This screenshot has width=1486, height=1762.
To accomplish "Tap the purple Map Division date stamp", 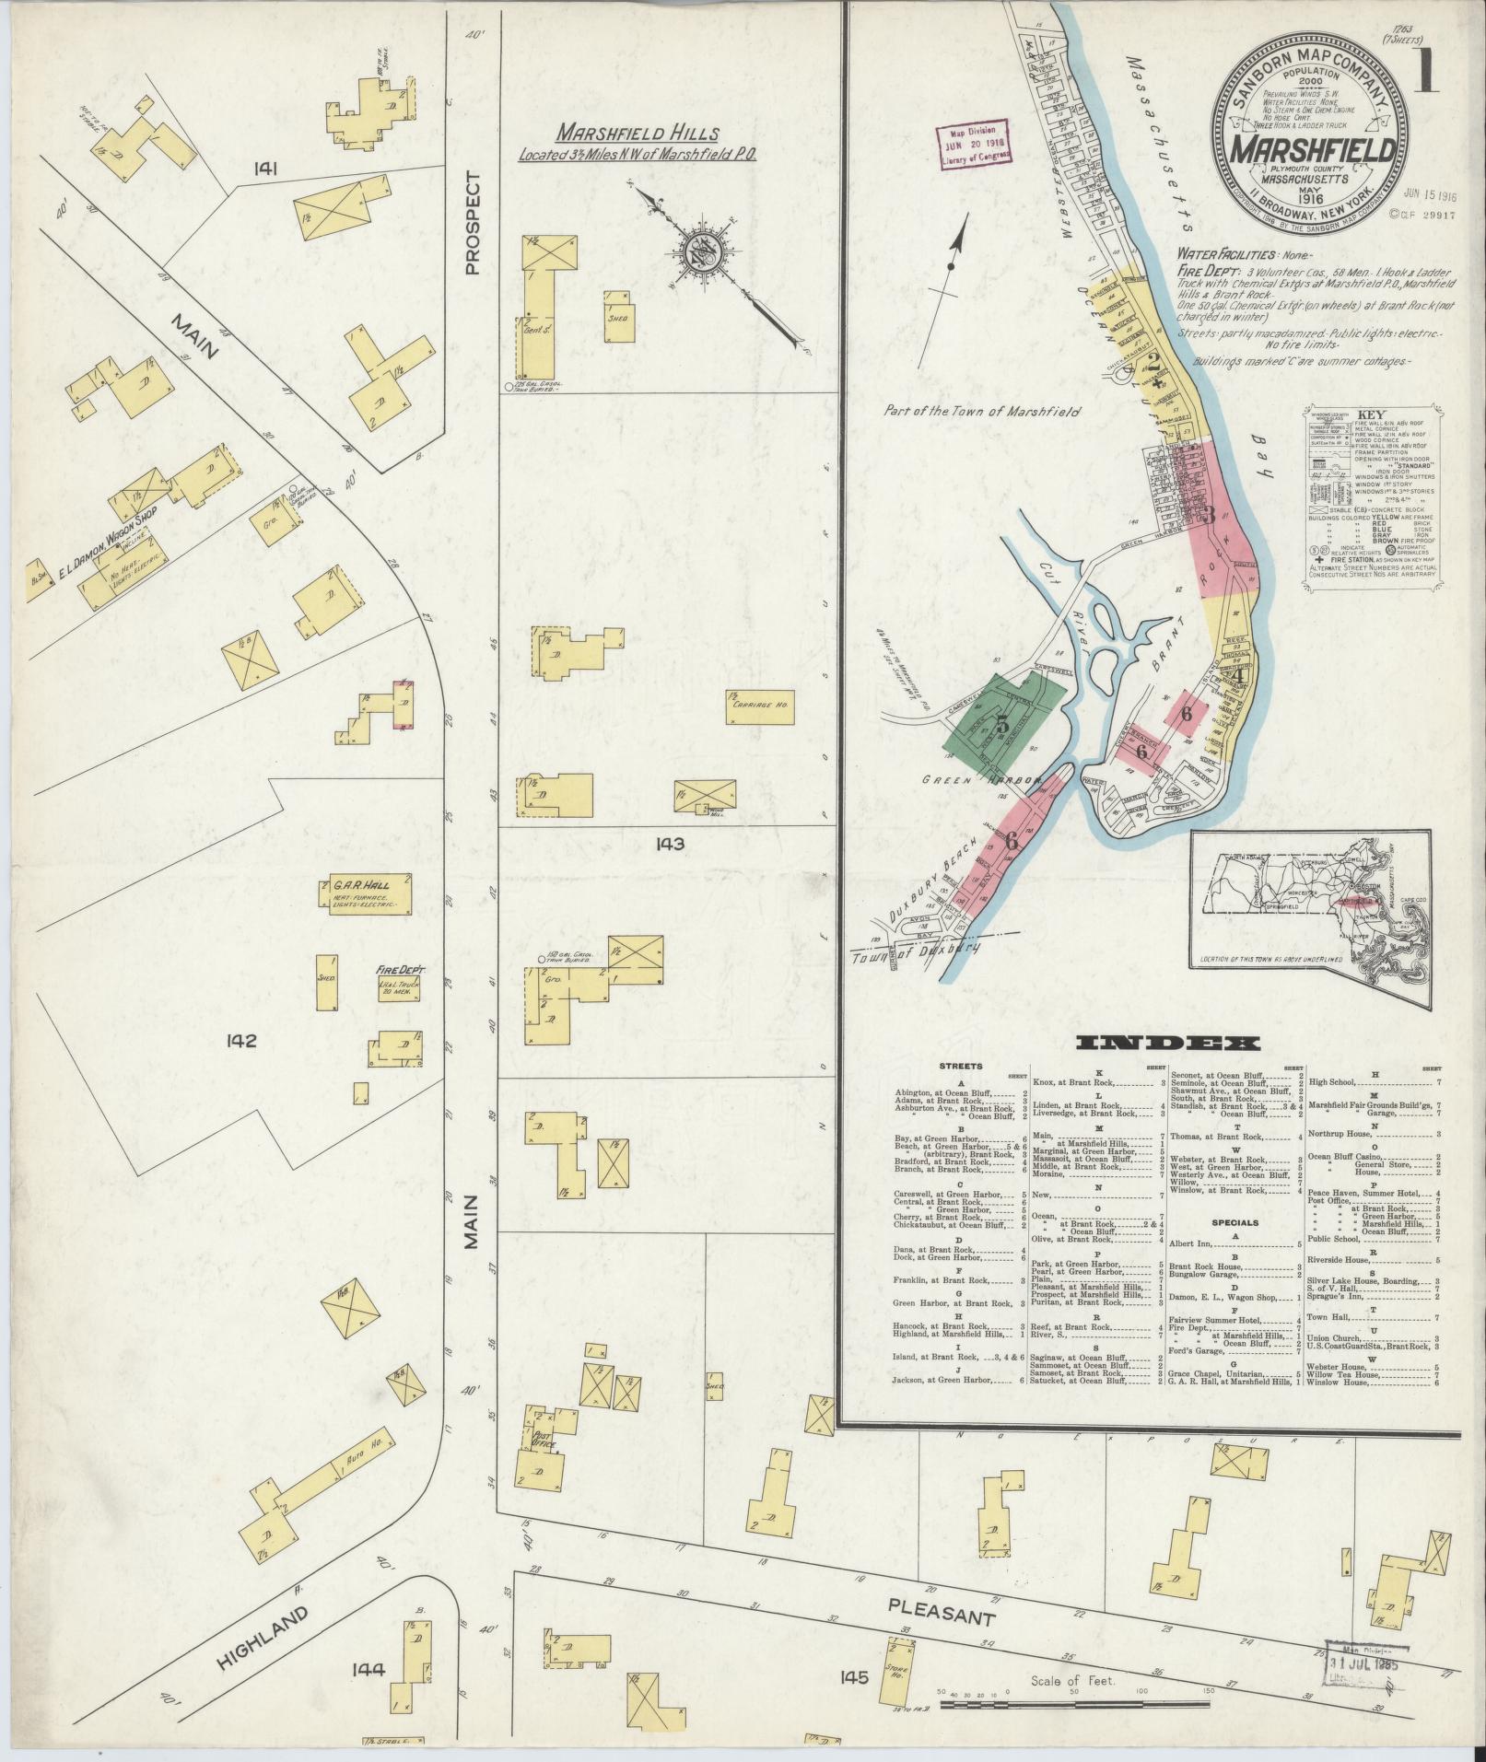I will (x=974, y=144).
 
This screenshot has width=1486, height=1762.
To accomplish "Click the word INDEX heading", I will (x=1168, y=1044).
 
